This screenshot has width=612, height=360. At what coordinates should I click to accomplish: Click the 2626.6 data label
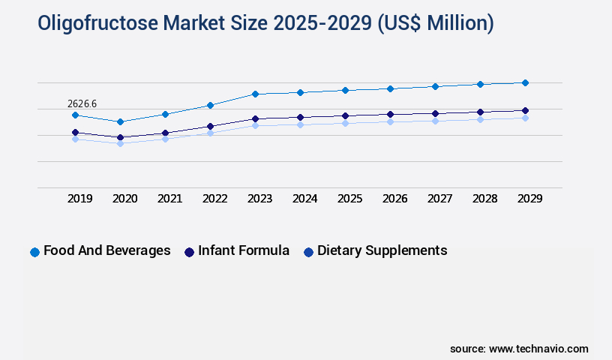82,103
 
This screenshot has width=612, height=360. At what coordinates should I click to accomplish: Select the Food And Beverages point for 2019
75,115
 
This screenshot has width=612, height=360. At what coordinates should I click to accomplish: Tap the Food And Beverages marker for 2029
525,82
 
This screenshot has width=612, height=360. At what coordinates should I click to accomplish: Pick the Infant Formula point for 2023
255,118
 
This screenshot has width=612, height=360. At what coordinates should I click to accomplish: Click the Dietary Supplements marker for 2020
120,142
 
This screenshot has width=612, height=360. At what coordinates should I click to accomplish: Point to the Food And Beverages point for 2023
255,94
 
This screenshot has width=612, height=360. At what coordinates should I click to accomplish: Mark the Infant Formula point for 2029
525,110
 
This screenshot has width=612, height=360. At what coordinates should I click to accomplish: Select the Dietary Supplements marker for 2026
390,121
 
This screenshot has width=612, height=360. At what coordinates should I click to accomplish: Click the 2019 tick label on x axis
79,199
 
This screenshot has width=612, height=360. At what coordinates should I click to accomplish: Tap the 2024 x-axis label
304,199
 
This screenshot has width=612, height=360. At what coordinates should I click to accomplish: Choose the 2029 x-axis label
529,199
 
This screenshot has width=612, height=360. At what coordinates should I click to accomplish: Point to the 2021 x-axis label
169,199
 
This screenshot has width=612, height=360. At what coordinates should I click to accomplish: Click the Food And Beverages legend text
107,250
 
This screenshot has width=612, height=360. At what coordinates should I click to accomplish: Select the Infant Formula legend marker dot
190,252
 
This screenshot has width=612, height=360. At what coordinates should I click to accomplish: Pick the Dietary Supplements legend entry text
382,250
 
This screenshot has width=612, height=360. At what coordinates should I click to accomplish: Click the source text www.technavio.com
538,349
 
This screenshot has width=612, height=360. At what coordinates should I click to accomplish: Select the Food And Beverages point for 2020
120,121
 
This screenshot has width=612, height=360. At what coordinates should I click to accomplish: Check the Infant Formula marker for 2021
165,133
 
